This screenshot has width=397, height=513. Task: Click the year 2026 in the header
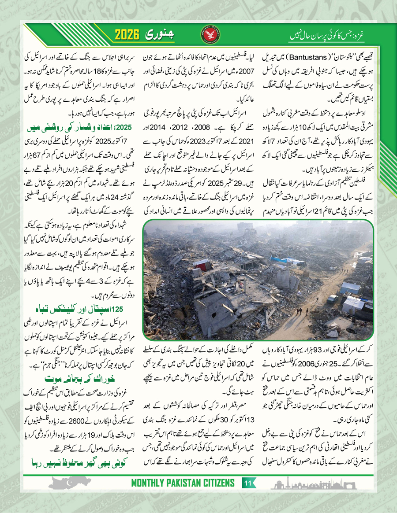(x=131, y=34)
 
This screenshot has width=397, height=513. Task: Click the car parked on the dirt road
(x=332, y=299)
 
